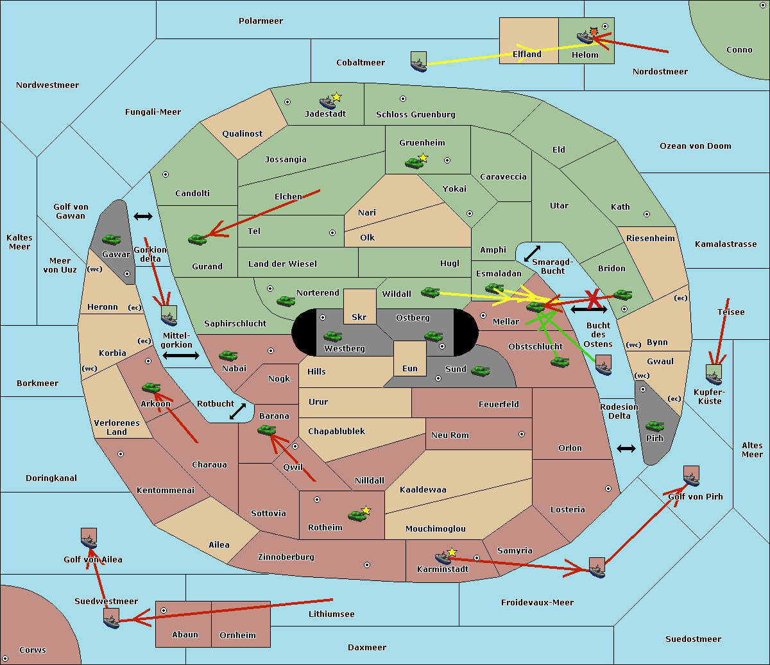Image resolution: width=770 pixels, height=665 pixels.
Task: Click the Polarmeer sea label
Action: click(x=261, y=21)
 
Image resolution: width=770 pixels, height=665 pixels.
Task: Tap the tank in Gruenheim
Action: click(x=414, y=163)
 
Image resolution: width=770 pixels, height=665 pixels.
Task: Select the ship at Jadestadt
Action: click(x=327, y=103)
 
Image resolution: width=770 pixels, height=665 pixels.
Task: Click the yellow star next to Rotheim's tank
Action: click(x=366, y=510)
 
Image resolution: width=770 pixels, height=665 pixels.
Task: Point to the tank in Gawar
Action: click(x=111, y=240)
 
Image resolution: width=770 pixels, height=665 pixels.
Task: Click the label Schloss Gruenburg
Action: click(x=415, y=115)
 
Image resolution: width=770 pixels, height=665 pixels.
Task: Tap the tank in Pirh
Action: click(x=654, y=426)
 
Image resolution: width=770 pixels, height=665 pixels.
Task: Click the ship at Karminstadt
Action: click(x=443, y=558)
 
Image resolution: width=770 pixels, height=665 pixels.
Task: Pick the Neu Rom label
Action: click(x=450, y=435)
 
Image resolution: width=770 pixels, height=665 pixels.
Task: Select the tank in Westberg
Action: click(x=332, y=337)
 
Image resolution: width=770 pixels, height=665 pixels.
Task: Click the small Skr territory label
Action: click(x=359, y=317)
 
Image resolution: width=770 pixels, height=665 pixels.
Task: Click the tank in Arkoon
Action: click(x=151, y=388)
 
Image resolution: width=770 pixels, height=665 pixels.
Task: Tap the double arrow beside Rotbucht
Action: click(x=238, y=411)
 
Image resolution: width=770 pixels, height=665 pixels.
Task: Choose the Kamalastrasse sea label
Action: click(x=726, y=244)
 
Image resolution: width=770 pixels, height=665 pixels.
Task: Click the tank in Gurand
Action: click(x=197, y=239)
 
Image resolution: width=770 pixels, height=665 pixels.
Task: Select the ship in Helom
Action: click(x=585, y=37)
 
